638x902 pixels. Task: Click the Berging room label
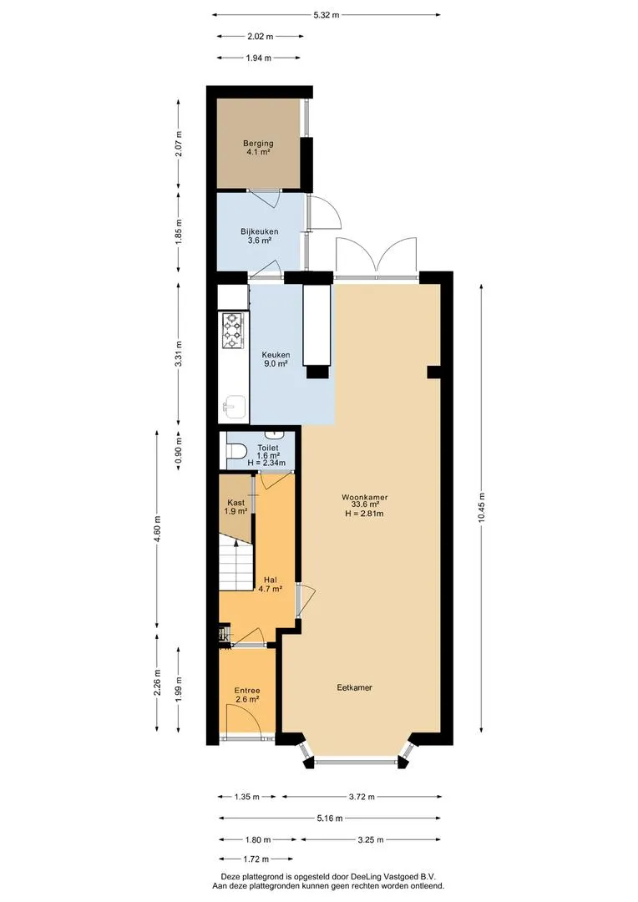click(x=258, y=144)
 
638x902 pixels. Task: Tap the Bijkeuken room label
click(x=260, y=231)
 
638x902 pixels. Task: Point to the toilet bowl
click(x=235, y=451)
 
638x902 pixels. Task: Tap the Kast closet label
click(x=235, y=502)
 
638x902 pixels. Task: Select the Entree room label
click(x=247, y=691)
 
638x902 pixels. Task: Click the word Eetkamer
click(x=354, y=687)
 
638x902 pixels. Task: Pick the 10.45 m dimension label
click(x=482, y=508)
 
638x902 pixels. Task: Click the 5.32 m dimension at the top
click(x=327, y=15)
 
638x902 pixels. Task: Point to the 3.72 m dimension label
click(x=362, y=797)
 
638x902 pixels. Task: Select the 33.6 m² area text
click(x=364, y=505)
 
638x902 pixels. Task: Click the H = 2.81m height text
click(x=364, y=513)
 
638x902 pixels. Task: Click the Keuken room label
click(x=276, y=355)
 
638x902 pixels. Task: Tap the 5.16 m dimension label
click(x=330, y=818)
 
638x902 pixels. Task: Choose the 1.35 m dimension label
click(x=247, y=797)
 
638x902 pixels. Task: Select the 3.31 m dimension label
click(x=179, y=354)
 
